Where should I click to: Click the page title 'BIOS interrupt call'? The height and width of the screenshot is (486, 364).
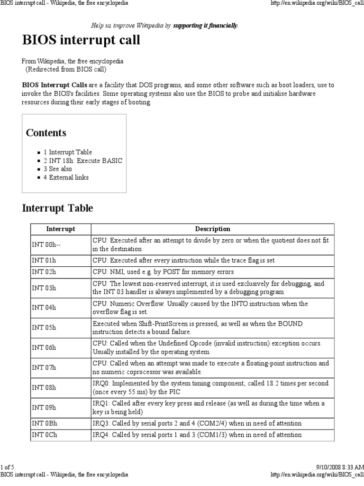click(x=81, y=40)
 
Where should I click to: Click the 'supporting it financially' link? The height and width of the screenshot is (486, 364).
click(x=205, y=25)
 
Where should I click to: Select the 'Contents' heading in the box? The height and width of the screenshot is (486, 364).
click(x=46, y=133)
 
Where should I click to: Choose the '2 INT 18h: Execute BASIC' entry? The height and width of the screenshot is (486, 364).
click(x=82, y=161)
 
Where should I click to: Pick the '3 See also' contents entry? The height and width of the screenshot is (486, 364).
click(x=58, y=169)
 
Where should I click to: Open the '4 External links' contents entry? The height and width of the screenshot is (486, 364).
click(x=66, y=178)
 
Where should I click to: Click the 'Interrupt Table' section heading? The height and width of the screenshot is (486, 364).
click(x=58, y=208)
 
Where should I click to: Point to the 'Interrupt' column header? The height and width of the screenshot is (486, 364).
click(x=61, y=229)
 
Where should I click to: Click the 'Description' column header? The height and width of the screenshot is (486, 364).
click(x=212, y=229)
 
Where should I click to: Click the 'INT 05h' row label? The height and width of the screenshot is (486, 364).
click(x=44, y=327)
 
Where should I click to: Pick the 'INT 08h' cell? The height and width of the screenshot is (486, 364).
click(x=44, y=387)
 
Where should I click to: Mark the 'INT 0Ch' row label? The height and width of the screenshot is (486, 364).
click(x=44, y=435)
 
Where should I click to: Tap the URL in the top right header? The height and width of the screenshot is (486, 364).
click(x=317, y=3)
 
